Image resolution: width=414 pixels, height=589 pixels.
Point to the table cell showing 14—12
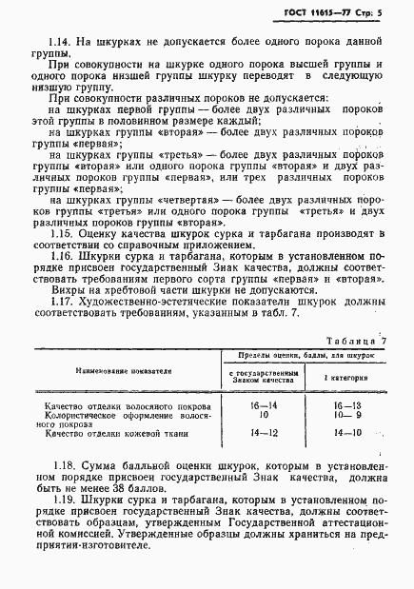point(258,434)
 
